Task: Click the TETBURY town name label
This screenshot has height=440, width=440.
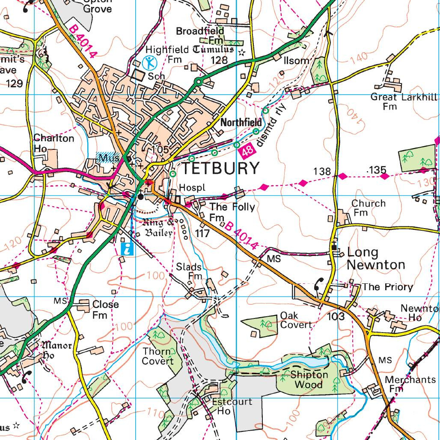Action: (x=221, y=168)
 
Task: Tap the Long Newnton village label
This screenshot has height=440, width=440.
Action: (x=375, y=259)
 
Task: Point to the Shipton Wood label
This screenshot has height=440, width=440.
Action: (x=309, y=380)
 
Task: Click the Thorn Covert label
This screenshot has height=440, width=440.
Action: (x=158, y=356)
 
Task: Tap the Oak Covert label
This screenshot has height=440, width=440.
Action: (x=296, y=320)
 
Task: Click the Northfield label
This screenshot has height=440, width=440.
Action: (x=241, y=122)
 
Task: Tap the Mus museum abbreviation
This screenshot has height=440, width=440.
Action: (x=107, y=158)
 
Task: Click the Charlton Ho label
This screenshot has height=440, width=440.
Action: (x=54, y=143)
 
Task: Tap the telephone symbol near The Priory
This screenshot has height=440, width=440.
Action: (x=319, y=284)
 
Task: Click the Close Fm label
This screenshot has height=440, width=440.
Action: (x=105, y=309)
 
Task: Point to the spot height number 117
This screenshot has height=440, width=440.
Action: (x=202, y=234)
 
